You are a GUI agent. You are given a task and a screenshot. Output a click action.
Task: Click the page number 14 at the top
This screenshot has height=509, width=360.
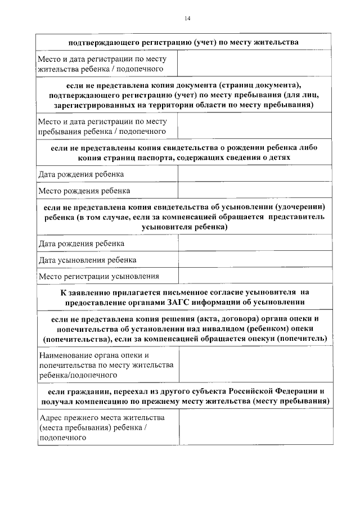point(187,19)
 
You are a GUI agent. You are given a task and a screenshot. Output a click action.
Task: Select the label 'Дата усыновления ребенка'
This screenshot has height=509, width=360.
point(87,260)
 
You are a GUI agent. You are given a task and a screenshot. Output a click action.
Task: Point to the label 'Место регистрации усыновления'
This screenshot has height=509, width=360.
point(98,276)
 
